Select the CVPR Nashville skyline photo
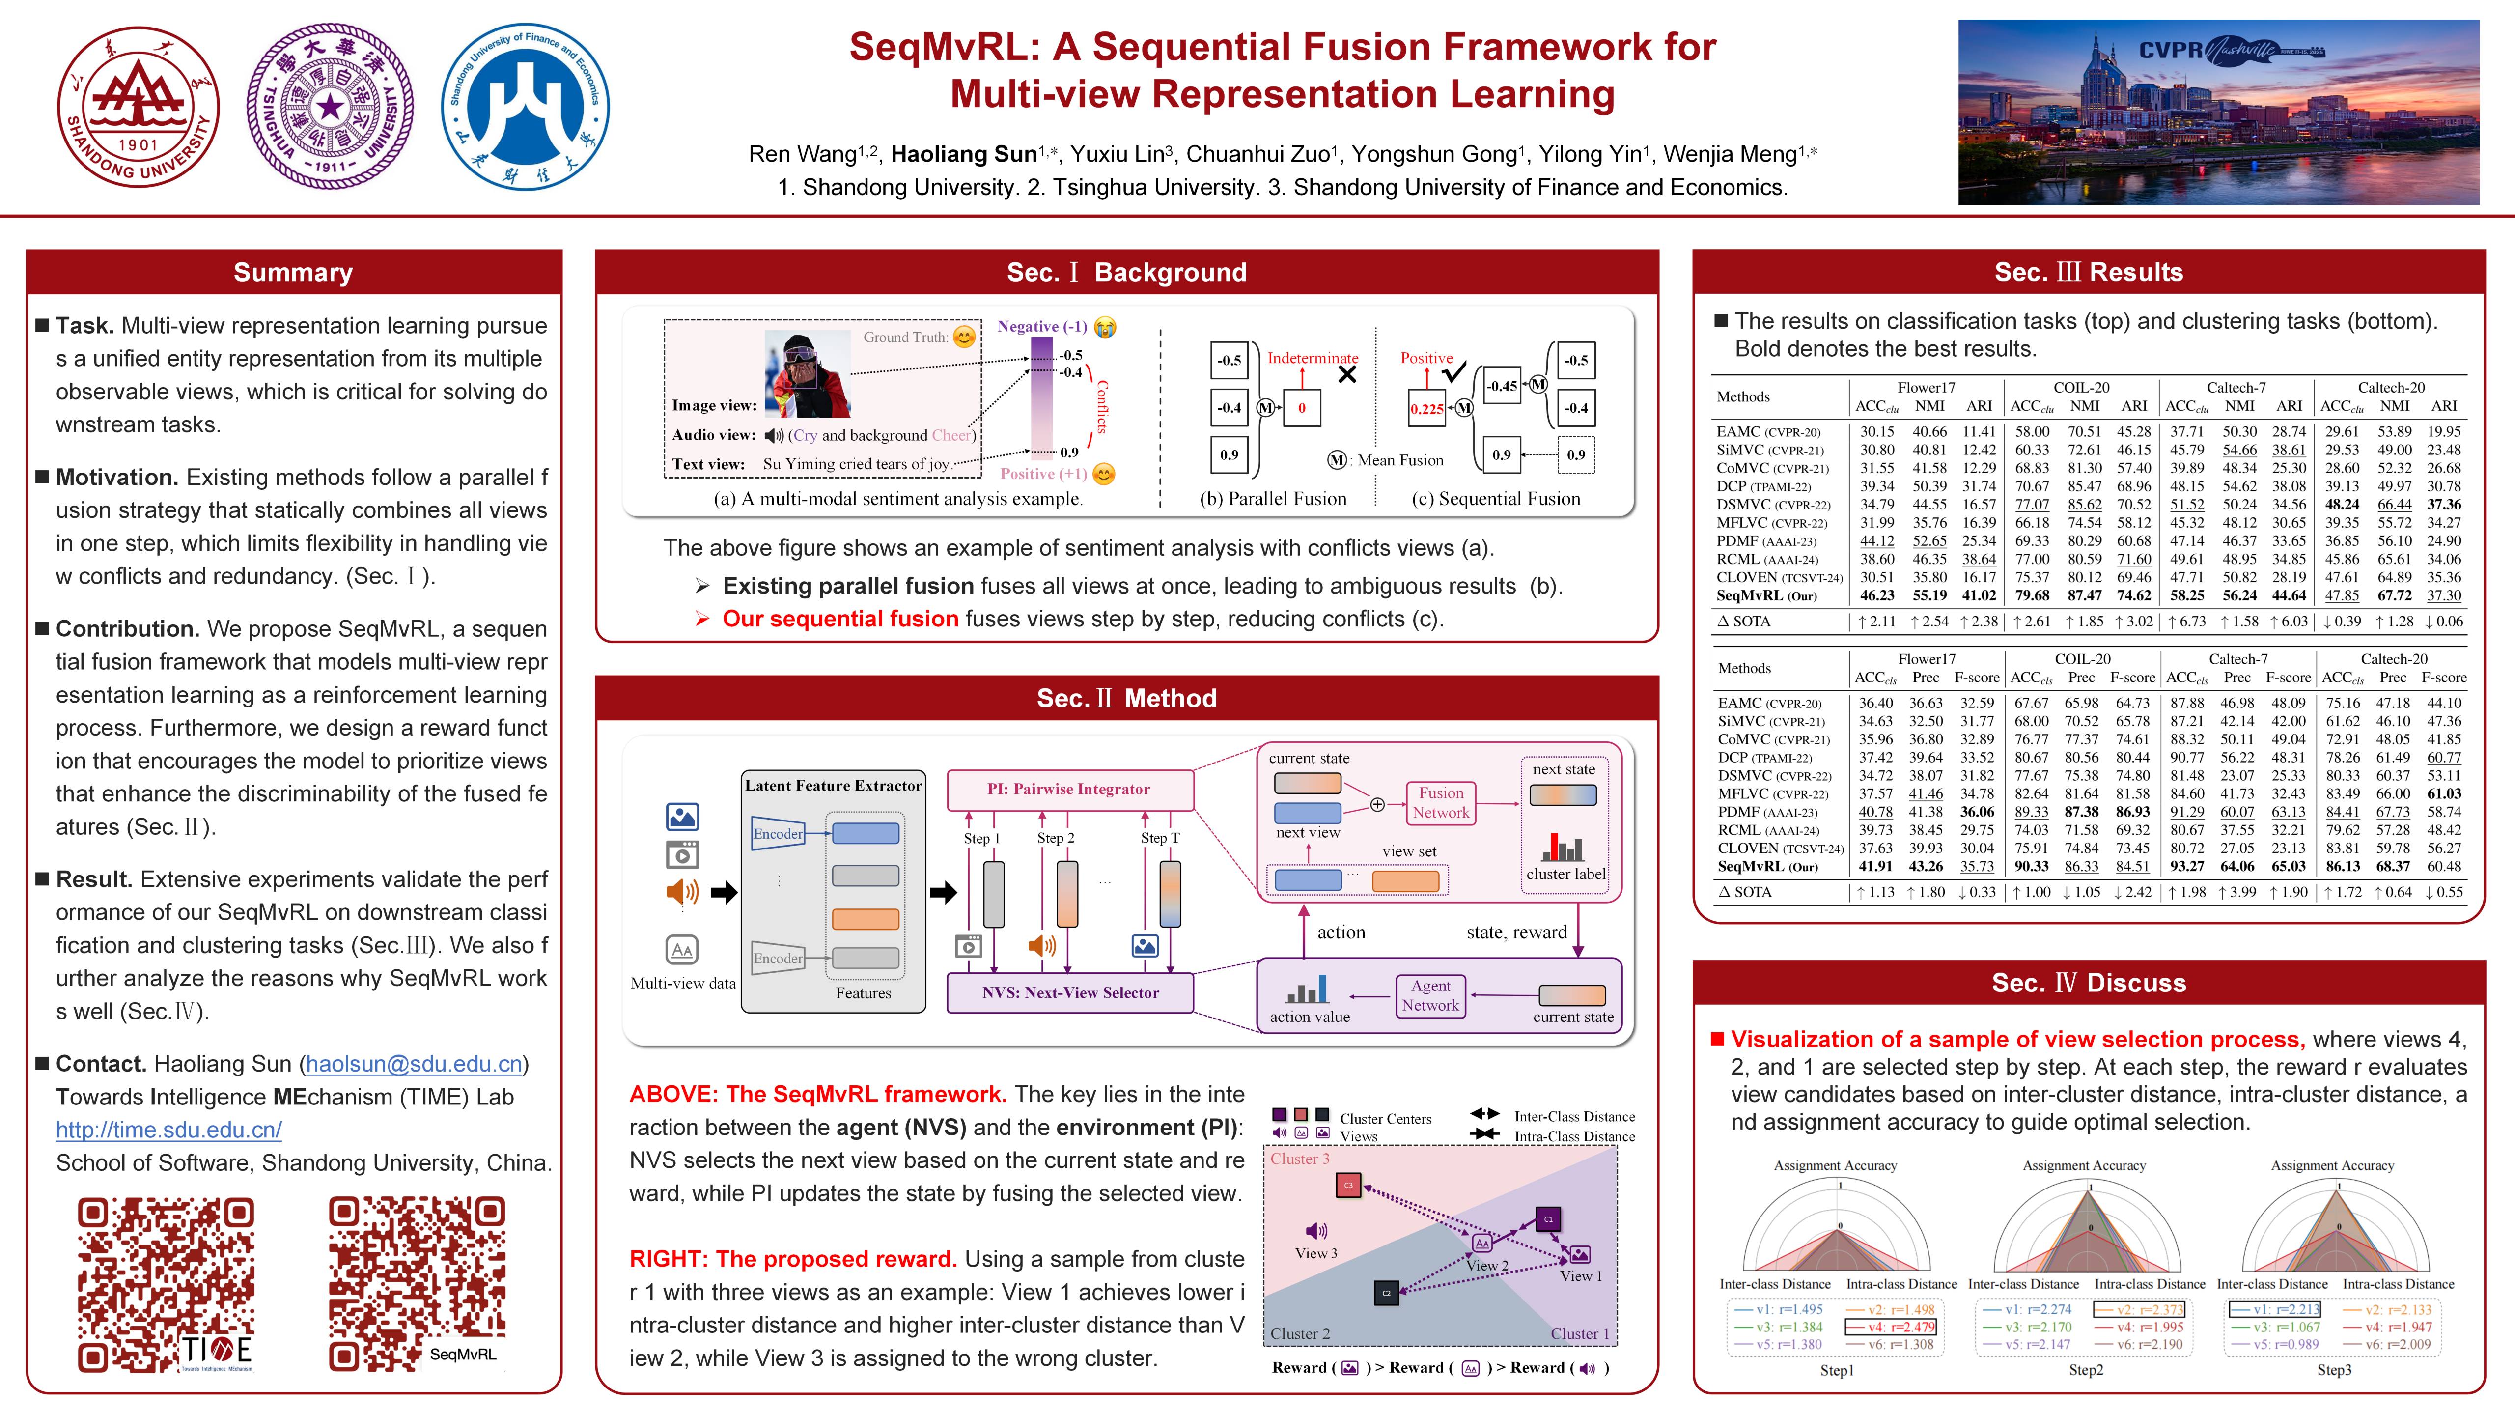[x=2218, y=113]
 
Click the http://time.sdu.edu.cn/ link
[x=169, y=1130]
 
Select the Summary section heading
[x=293, y=273]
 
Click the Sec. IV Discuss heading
[x=2088, y=983]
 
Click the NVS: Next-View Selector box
[x=1070, y=992]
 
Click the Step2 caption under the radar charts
[x=2085, y=1370]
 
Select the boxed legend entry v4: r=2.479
[x=1890, y=1327]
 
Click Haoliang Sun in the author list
[x=964, y=154]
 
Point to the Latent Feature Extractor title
[x=833, y=785]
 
